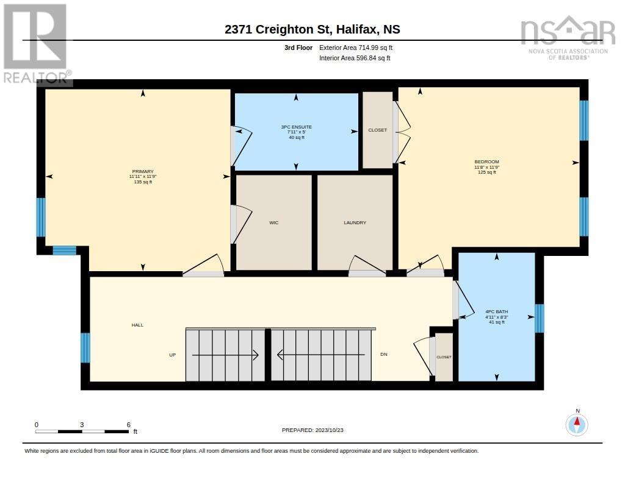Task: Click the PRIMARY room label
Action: click(143, 172)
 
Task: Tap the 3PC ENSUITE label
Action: click(296, 127)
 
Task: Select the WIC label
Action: click(274, 222)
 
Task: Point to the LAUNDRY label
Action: click(355, 222)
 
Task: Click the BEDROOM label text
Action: click(486, 161)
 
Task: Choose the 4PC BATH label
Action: click(497, 311)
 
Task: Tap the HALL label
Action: click(137, 325)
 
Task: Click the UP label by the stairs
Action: click(173, 355)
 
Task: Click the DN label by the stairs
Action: click(384, 354)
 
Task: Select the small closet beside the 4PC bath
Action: click(444, 357)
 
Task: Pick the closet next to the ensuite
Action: click(377, 130)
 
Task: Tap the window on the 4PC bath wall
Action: click(540, 319)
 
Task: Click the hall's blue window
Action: click(85, 348)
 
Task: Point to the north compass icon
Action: click(577, 425)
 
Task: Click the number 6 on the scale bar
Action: click(128, 425)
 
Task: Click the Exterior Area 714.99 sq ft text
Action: click(356, 48)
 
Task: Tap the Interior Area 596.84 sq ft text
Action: click(355, 58)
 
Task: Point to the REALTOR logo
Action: click(37, 44)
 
